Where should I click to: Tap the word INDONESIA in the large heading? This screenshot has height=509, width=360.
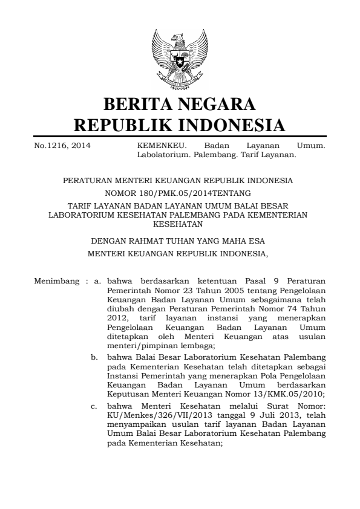[233, 126]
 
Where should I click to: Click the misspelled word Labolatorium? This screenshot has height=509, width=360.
[164, 154]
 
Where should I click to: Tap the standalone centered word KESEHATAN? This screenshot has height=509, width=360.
[179, 222]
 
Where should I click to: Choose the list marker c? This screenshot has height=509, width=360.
[95, 406]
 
